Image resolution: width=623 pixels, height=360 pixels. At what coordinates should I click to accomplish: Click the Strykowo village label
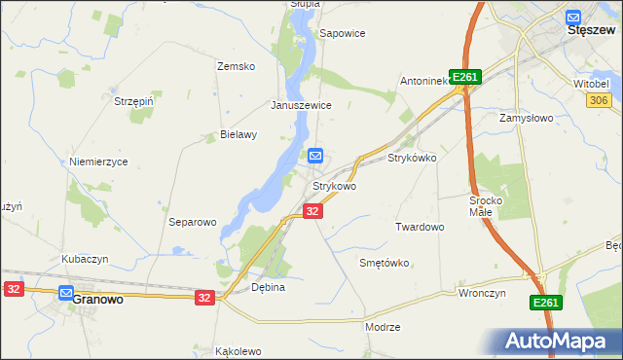pyautogui.click(x=334, y=186)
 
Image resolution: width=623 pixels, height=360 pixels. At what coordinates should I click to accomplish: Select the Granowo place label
pyautogui.click(x=97, y=300)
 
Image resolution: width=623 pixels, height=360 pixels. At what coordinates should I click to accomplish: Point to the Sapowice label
pyautogui.click(x=342, y=33)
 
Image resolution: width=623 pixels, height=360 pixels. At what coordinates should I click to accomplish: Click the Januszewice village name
pyautogui.click(x=302, y=105)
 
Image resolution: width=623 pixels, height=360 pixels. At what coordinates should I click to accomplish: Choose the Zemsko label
pyautogui.click(x=236, y=66)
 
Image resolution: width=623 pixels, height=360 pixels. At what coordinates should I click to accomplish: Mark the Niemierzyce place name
pyautogui.click(x=98, y=162)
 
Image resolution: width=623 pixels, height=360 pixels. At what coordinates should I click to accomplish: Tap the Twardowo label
pyautogui.click(x=420, y=227)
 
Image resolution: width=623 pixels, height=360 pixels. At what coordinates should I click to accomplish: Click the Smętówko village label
pyautogui.click(x=384, y=263)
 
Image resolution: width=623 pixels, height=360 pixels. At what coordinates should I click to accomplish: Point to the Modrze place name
pyautogui.click(x=383, y=327)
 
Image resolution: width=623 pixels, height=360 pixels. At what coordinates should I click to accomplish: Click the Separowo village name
pyautogui.click(x=192, y=222)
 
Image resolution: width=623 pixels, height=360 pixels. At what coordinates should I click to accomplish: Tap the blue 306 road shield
pyautogui.click(x=599, y=100)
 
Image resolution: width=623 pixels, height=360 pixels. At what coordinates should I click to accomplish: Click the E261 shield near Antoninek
pyautogui.click(x=466, y=78)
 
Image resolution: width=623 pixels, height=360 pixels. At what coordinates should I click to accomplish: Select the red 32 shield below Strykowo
pyautogui.click(x=311, y=211)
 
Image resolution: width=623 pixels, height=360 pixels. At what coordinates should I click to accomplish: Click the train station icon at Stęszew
pyautogui.click(x=573, y=16)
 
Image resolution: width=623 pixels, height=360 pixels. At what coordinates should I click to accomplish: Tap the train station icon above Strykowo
pyautogui.click(x=315, y=156)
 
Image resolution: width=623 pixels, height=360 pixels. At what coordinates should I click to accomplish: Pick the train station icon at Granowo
pyautogui.click(x=66, y=292)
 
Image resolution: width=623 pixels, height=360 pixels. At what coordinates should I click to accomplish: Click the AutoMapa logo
pyautogui.click(x=556, y=341)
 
